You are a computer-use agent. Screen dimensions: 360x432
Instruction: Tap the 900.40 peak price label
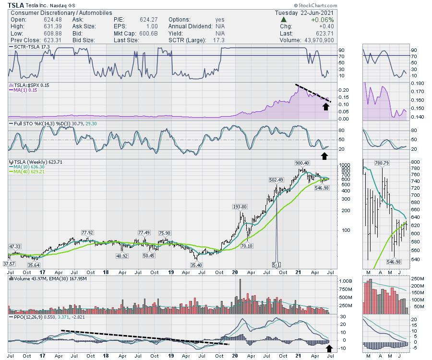coord(303,163)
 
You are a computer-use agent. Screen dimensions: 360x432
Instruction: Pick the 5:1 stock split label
coord(276,264)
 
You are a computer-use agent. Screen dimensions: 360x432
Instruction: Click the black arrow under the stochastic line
coord(325,155)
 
